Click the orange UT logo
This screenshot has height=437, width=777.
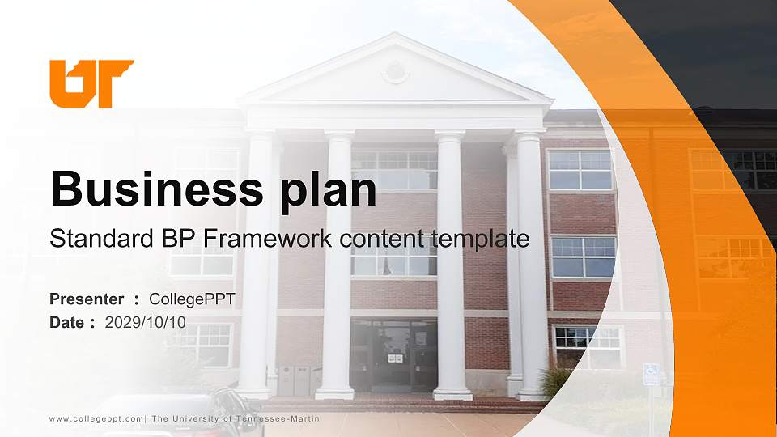pyautogui.click(x=91, y=83)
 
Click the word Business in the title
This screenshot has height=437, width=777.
pyautogui.click(x=157, y=189)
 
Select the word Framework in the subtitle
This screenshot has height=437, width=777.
pyautogui.click(x=267, y=238)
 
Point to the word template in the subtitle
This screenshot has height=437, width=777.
pyautogui.click(x=480, y=240)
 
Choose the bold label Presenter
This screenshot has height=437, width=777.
pyautogui.click(x=87, y=299)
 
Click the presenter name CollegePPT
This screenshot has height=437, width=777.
pyautogui.click(x=192, y=299)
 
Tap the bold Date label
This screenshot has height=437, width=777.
pyautogui.click(x=66, y=323)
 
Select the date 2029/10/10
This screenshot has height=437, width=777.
pyautogui.click(x=145, y=323)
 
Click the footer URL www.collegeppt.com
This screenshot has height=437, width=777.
pyautogui.click(x=96, y=419)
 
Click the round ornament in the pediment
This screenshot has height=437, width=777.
pyautogui.click(x=395, y=72)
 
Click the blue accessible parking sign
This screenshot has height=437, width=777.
pyautogui.click(x=651, y=374)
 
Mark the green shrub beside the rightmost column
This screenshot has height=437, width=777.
pyautogui.click(x=555, y=381)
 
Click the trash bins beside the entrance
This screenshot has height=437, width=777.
pyautogui.click(x=294, y=380)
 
